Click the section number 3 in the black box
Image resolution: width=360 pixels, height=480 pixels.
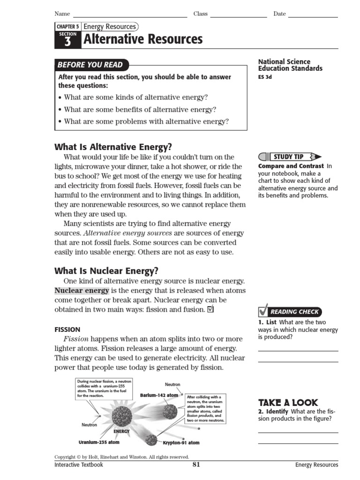tap(67, 42)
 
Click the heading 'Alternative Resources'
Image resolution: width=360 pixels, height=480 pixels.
tap(143, 39)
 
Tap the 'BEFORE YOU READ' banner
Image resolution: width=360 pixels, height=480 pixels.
tap(90, 65)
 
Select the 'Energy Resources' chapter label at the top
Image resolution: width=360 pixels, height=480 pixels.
tap(109, 27)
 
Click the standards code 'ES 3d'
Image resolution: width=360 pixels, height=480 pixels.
tap(265, 77)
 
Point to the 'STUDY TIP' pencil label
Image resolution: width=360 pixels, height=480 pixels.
tap(289, 157)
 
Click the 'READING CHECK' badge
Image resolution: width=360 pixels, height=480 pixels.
tap(294, 312)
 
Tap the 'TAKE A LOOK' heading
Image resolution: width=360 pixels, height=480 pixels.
tap(288, 403)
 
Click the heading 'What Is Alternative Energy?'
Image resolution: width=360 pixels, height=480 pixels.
tap(113, 147)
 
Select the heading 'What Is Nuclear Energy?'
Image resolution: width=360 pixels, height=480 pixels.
tap(106, 270)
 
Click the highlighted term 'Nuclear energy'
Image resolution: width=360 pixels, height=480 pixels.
tap(82, 291)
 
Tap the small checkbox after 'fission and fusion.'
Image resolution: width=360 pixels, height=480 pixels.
tap(210, 309)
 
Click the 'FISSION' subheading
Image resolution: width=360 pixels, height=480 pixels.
tap(67, 330)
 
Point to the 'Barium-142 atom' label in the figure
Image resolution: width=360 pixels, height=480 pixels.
tap(159, 395)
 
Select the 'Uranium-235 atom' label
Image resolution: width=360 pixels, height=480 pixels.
tap(99, 442)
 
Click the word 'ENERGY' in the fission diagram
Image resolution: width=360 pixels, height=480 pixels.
tap(121, 431)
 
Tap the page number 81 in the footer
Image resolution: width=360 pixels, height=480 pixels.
tap(196, 465)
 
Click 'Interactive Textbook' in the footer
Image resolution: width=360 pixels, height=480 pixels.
tap(79, 465)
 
